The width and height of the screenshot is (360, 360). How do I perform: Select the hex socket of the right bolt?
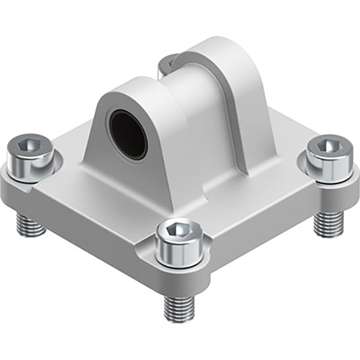pos(328,146)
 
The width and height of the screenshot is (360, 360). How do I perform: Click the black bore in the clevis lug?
pos(128,134)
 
